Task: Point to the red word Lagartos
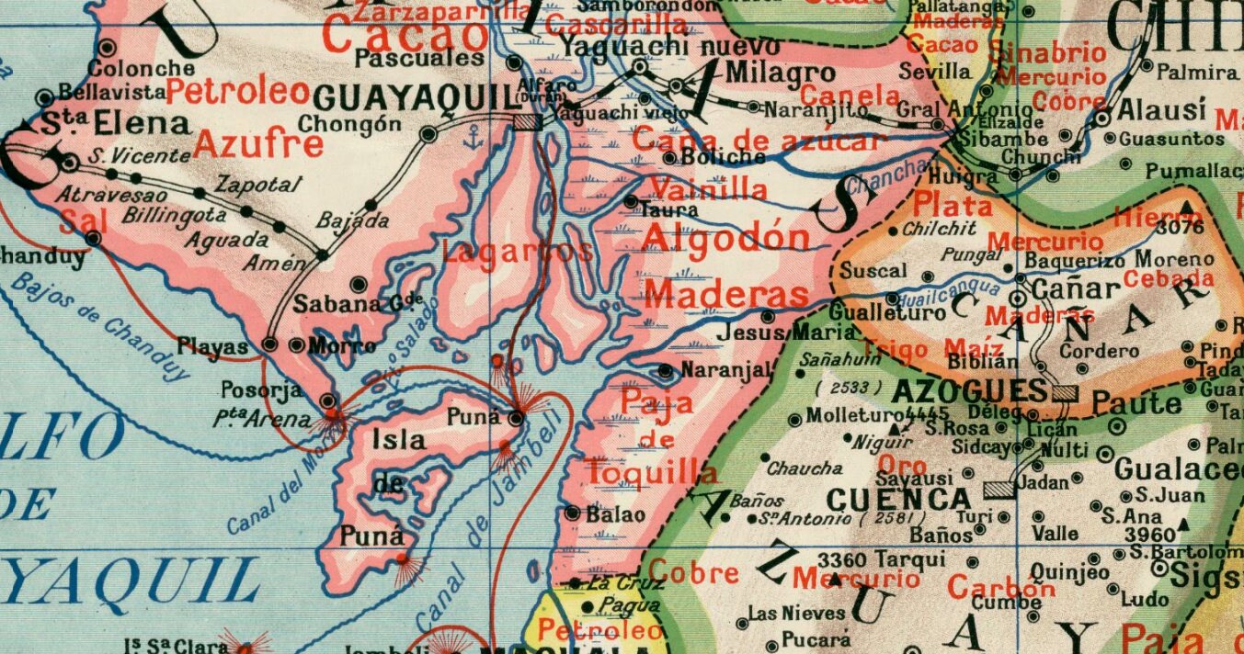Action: pos(518,251)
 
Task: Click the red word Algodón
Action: pos(726,237)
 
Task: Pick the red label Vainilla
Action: pos(708,189)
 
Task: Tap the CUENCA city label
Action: pos(898,500)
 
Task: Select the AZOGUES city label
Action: pos(970,391)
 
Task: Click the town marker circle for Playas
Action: pos(270,344)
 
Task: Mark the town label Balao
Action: pos(616,514)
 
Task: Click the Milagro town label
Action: pos(768,73)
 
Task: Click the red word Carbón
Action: pos(1000,586)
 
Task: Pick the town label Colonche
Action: pos(142,68)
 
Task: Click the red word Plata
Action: pos(953,206)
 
